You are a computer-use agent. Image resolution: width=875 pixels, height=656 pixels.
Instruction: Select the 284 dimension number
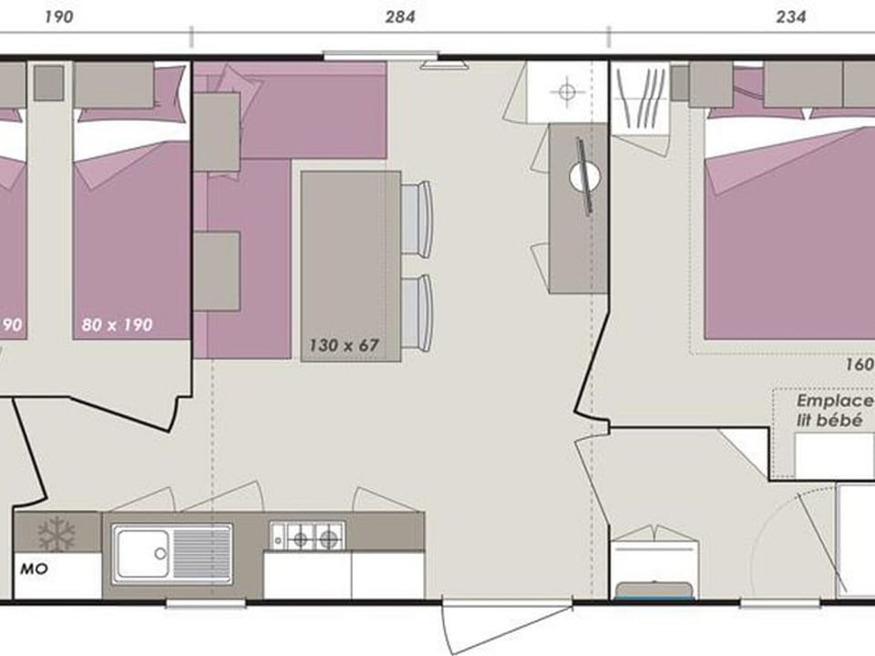pyautogui.click(x=399, y=16)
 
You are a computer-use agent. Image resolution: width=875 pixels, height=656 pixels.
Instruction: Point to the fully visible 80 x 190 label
pyautogui.click(x=115, y=323)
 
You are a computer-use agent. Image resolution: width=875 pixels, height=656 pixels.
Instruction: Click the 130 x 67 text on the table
pyautogui.click(x=343, y=345)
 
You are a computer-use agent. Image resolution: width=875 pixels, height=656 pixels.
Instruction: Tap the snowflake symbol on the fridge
pyautogui.click(x=57, y=532)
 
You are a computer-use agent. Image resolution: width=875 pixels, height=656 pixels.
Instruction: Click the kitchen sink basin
pyautogui.click(x=143, y=552)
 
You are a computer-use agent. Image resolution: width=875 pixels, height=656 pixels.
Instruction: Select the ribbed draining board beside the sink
pyautogui.click(x=201, y=552)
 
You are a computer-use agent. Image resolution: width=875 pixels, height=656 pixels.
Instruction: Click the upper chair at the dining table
pyautogui.click(x=417, y=218)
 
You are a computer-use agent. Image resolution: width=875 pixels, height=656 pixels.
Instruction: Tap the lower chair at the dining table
pyautogui.click(x=417, y=312)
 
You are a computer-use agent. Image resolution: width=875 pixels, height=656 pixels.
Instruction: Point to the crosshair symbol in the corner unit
pyautogui.click(x=568, y=91)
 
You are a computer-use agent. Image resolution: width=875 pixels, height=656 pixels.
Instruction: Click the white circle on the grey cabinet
pyautogui.click(x=583, y=177)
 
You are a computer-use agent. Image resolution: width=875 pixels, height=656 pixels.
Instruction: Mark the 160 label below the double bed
pyautogui.click(x=860, y=363)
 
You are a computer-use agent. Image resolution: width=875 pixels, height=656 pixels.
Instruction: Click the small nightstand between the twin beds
pyautogui.click(x=48, y=83)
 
